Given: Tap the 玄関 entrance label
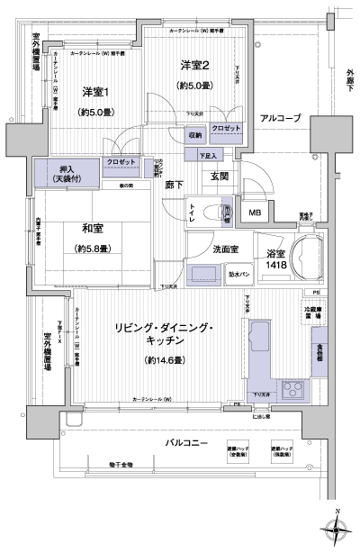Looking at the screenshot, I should pyautogui.click(x=222, y=176).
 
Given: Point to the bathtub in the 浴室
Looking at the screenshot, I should pyautogui.click(x=304, y=259).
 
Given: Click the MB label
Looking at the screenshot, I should pyautogui.click(x=255, y=213).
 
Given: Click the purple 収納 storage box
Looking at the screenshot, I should pyautogui.click(x=195, y=134).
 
